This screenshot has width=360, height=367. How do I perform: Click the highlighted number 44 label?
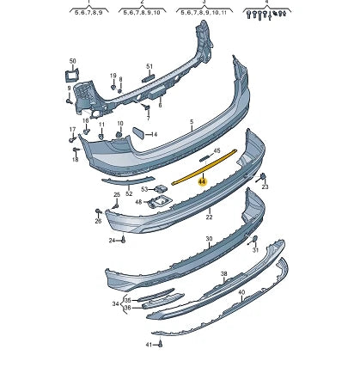(x=202, y=181)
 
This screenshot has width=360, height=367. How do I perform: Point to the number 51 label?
(x=149, y=66)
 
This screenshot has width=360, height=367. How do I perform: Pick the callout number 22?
(x=208, y=217)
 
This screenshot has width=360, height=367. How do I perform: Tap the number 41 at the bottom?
(x=148, y=344)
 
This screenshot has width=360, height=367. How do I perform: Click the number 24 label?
(x=113, y=240)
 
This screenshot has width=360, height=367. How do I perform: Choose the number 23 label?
(x=265, y=187)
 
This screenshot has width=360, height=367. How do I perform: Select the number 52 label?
(x=129, y=193)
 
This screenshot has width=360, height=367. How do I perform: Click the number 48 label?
(x=138, y=203)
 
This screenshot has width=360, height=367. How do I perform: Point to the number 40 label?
(x=241, y=292)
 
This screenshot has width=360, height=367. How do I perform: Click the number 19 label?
(x=113, y=76)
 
